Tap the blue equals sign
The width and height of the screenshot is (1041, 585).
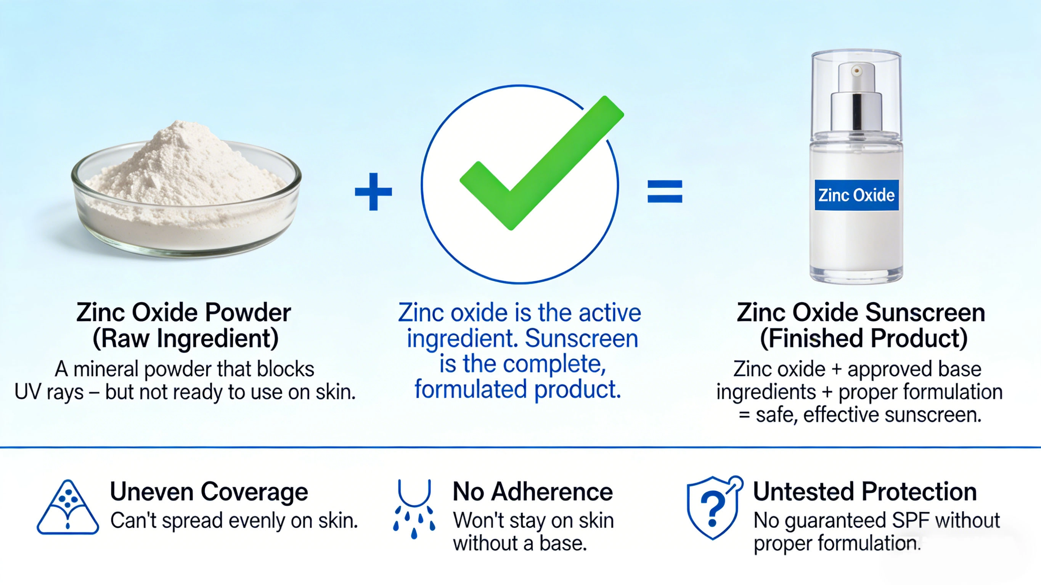pyautogui.click(x=665, y=191)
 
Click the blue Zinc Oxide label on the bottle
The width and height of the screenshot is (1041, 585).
pyautogui.click(x=856, y=195)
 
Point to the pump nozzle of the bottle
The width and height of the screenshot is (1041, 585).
pyautogui.click(x=856, y=72)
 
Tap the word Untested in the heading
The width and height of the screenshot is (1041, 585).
pyautogui.click(x=803, y=492)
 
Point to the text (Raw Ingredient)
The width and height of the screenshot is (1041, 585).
pyautogui.click(x=185, y=338)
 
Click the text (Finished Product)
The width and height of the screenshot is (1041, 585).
pyautogui.click(x=864, y=338)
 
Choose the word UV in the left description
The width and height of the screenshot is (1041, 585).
pyautogui.click(x=28, y=392)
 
